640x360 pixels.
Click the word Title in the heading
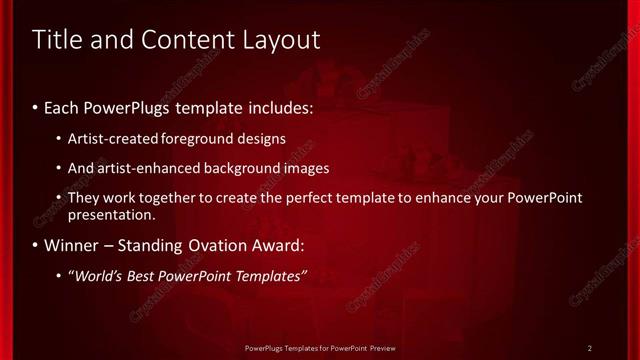pyautogui.click(x=57, y=40)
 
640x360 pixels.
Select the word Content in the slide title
pyautogui.click(x=181, y=40)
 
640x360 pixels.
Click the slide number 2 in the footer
pyautogui.click(x=590, y=348)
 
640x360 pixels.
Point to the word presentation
pyautogui.click(x=111, y=214)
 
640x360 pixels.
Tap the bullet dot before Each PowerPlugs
pyautogui.click(x=36, y=105)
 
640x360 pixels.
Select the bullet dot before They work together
pyautogui.click(x=59, y=198)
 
